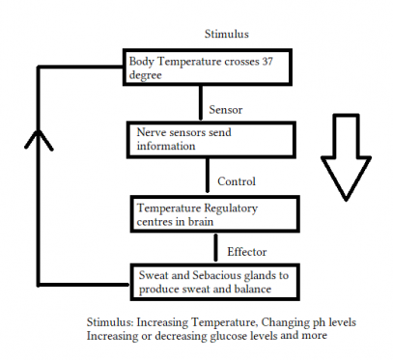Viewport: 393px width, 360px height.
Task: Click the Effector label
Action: [x=246, y=252]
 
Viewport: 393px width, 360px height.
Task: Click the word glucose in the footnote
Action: [x=210, y=336]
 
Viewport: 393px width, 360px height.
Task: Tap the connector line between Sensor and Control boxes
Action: [x=207, y=177]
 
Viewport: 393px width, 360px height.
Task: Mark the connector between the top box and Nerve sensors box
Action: [x=199, y=104]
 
